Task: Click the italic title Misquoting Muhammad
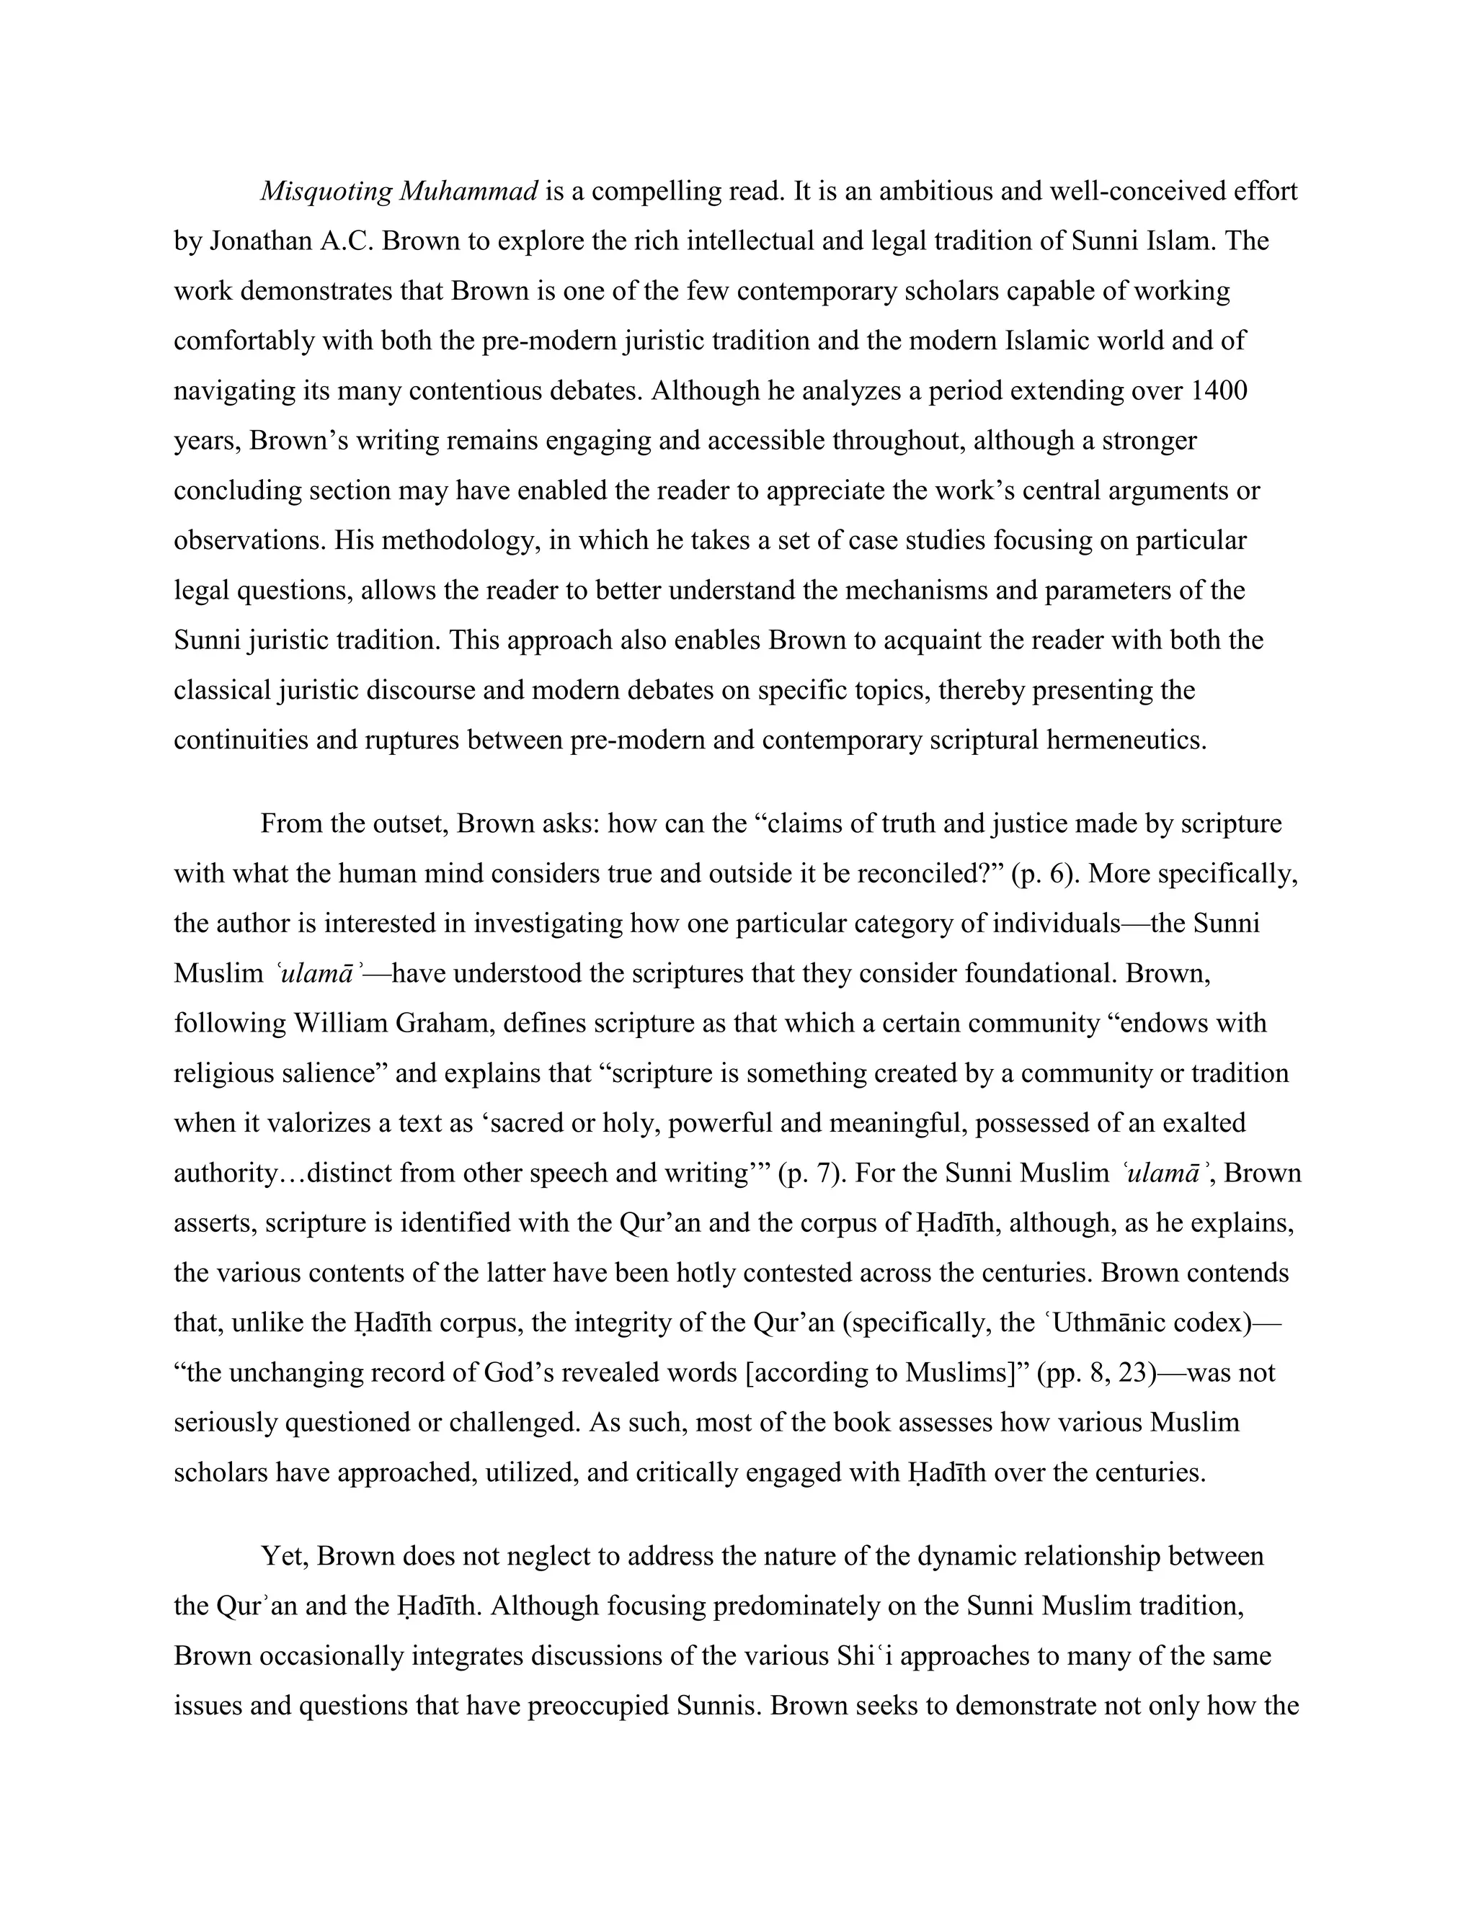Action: (x=399, y=192)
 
